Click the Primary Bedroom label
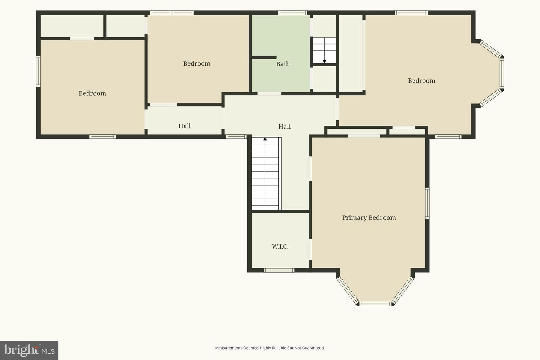(369, 218)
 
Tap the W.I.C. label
(280, 246)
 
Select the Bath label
(283, 64)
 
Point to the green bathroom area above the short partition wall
(281, 35)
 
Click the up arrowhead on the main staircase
(265, 139)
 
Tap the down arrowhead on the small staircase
(324, 62)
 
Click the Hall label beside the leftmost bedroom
(184, 126)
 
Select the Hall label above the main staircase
(285, 127)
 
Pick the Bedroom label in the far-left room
(92, 93)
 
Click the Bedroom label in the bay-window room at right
(421, 81)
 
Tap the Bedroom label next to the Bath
(197, 64)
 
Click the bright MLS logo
(29, 350)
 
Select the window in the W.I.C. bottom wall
(279, 270)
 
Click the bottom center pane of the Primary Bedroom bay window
(375, 304)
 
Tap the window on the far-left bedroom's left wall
(38, 71)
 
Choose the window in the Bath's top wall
(292, 13)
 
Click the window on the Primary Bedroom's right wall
(427, 203)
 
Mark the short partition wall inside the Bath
(264, 57)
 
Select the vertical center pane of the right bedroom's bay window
(502, 73)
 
